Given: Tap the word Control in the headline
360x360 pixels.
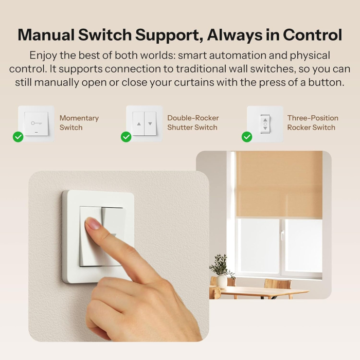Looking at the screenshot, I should pos(312,34).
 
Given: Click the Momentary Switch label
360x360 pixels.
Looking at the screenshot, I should pos(79,122).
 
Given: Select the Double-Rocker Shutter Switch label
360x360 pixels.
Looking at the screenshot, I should pos(192,122).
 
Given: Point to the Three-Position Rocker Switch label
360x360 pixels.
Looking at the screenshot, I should pos(312,122).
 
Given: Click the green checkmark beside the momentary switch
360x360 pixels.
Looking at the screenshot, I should pos(18,137).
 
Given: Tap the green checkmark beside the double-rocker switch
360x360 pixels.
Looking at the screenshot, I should pos(126,137).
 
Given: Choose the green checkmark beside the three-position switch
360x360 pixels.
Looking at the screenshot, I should pos(247,137).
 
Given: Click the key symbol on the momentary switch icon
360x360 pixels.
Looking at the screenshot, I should pos(36,123).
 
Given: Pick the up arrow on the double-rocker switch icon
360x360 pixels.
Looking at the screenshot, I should pos(139,124).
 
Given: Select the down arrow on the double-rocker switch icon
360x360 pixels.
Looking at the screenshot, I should pos(150,124).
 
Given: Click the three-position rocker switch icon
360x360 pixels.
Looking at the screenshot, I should pos(265,124).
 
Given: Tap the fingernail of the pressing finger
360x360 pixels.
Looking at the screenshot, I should pos(93,223).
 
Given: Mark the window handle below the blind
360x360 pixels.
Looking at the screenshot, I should pos(282,235).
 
